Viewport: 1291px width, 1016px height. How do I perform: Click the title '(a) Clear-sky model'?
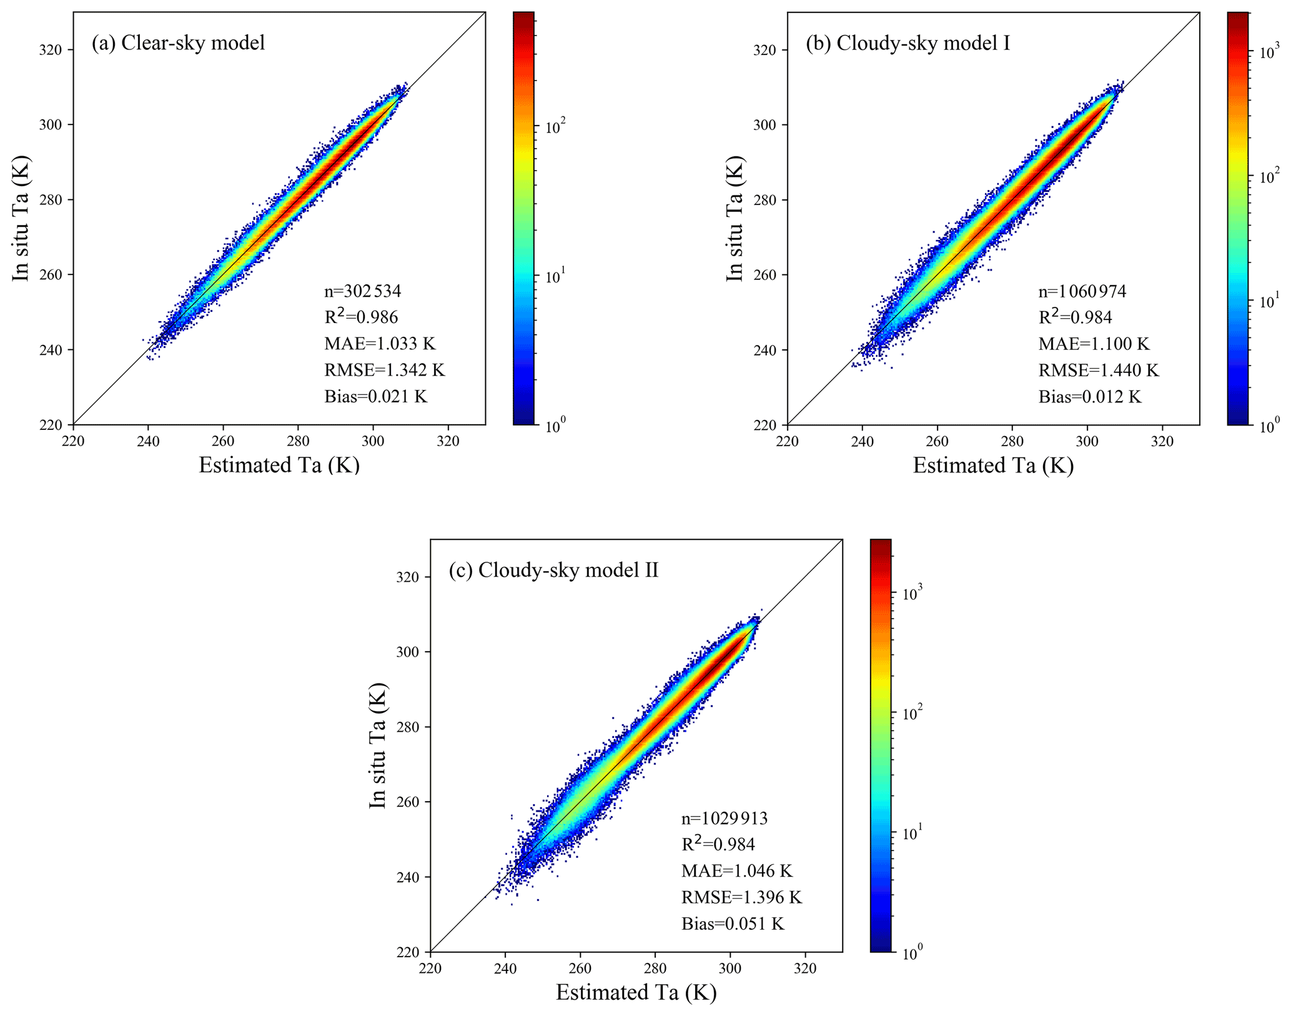coord(178,42)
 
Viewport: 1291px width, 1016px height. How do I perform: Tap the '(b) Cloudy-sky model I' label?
coord(908,42)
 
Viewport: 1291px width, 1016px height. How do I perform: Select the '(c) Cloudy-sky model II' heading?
coord(553,570)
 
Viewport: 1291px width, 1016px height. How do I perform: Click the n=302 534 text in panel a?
coord(362,291)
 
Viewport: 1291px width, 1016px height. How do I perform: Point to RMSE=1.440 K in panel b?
coord(1099,371)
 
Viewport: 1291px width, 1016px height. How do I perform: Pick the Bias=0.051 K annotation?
coord(733,924)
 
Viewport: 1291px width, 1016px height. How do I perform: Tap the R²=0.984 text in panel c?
coord(718,844)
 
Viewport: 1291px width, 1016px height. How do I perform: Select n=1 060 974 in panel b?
coord(1082,291)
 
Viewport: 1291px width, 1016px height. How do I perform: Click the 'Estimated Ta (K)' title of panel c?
coord(636,992)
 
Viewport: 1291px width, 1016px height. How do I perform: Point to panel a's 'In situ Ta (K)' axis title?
coord(21,218)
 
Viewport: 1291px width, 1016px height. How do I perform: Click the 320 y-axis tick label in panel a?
coord(51,50)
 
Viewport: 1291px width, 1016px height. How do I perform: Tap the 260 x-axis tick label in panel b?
coord(937,441)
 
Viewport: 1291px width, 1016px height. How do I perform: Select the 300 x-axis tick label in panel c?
coord(730,969)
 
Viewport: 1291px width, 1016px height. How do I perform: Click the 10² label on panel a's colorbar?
coord(555,126)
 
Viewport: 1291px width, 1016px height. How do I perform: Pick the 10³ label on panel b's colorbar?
coord(1270,52)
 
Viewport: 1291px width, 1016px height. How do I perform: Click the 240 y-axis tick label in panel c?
coord(408,877)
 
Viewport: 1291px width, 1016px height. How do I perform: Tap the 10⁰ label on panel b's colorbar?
coord(1270,425)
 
